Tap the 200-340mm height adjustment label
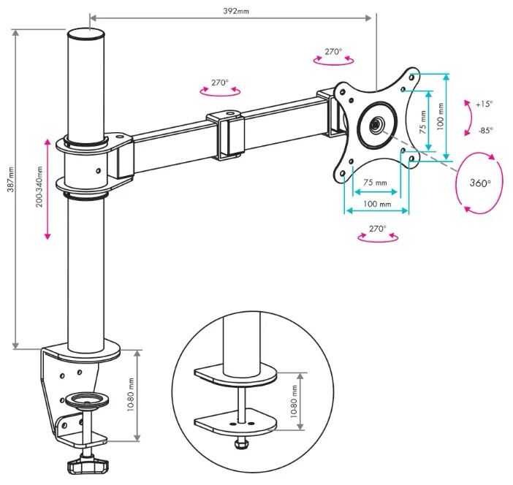point(39,188)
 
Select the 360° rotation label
point(479,183)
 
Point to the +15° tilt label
point(484,104)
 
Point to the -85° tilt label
point(485,131)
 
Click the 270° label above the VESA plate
point(333,53)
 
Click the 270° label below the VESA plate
point(377,229)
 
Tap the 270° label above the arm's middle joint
point(220,83)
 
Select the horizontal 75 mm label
point(376,183)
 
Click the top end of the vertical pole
point(88,34)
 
